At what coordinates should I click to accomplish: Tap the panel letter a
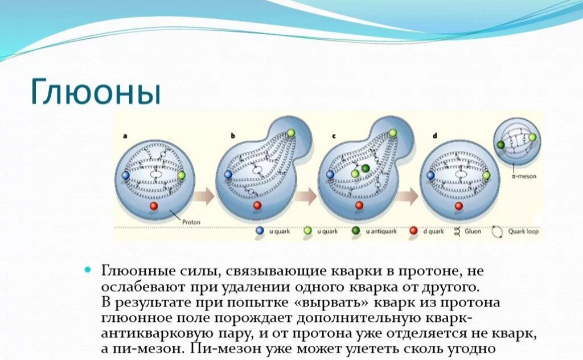pyautogui.click(x=125, y=136)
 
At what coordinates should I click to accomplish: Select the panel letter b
pyautogui.click(x=233, y=136)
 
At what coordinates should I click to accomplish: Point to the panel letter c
pyautogui.click(x=334, y=136)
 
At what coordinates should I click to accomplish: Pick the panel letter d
pyautogui.click(x=434, y=136)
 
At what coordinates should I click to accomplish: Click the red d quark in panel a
pyautogui.click(x=154, y=206)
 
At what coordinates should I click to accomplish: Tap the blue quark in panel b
pyautogui.click(x=228, y=174)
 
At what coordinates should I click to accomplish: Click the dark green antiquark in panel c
pyautogui.click(x=366, y=169)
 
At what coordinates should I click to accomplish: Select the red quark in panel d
pyautogui.click(x=459, y=206)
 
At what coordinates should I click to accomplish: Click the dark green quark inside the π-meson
pyautogui.click(x=500, y=145)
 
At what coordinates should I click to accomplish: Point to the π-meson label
pyautogui.click(x=524, y=176)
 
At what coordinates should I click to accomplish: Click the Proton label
pyautogui.click(x=191, y=222)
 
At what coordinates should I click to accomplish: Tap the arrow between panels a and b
pyautogui.click(x=204, y=196)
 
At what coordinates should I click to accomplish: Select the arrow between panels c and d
pyautogui.click(x=408, y=196)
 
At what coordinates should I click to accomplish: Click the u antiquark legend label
pyautogui.click(x=381, y=231)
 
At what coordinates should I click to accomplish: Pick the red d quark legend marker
pyautogui.click(x=413, y=231)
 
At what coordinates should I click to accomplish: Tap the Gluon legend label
pyautogui.click(x=473, y=231)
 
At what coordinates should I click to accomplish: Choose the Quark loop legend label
pyautogui.click(x=523, y=231)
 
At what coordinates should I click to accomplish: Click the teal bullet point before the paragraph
pyautogui.click(x=88, y=269)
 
